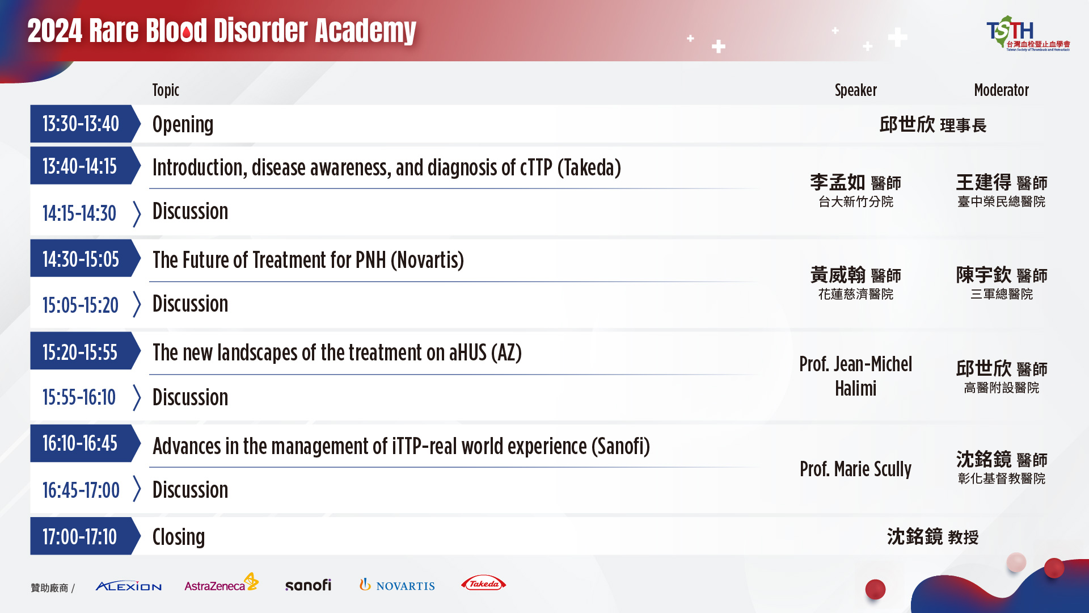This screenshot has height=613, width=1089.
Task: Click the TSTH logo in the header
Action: pos(1028,33)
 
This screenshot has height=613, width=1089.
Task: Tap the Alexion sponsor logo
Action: pos(129,586)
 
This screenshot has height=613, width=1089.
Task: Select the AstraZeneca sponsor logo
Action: pos(221,583)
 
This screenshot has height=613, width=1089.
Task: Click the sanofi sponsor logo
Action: pos(308,585)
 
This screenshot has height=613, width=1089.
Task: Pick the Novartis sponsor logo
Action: pos(397,585)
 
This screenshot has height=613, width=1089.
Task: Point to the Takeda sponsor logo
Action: pos(483,583)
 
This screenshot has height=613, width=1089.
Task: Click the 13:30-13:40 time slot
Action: pos(81,124)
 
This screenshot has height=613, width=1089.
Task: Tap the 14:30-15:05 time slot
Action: pos(81,259)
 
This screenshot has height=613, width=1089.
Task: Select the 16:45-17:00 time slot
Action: pos(81,490)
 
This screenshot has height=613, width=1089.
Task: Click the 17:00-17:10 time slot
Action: pos(80,536)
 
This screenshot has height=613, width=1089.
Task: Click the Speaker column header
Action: pos(855,90)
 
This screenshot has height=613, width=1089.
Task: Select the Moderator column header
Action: pos(1001,90)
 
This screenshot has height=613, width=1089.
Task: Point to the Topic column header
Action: pos(166,90)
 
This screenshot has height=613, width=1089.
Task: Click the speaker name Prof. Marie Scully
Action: pos(855,469)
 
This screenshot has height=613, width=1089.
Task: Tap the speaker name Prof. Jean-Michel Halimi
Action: pos(855,376)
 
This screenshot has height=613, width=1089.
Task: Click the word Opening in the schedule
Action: pos(183,125)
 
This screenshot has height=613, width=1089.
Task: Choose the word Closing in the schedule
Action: pos(179,537)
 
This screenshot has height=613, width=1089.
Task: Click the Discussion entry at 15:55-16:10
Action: pos(190,397)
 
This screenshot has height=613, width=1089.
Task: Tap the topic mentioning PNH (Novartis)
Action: pos(308,260)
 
